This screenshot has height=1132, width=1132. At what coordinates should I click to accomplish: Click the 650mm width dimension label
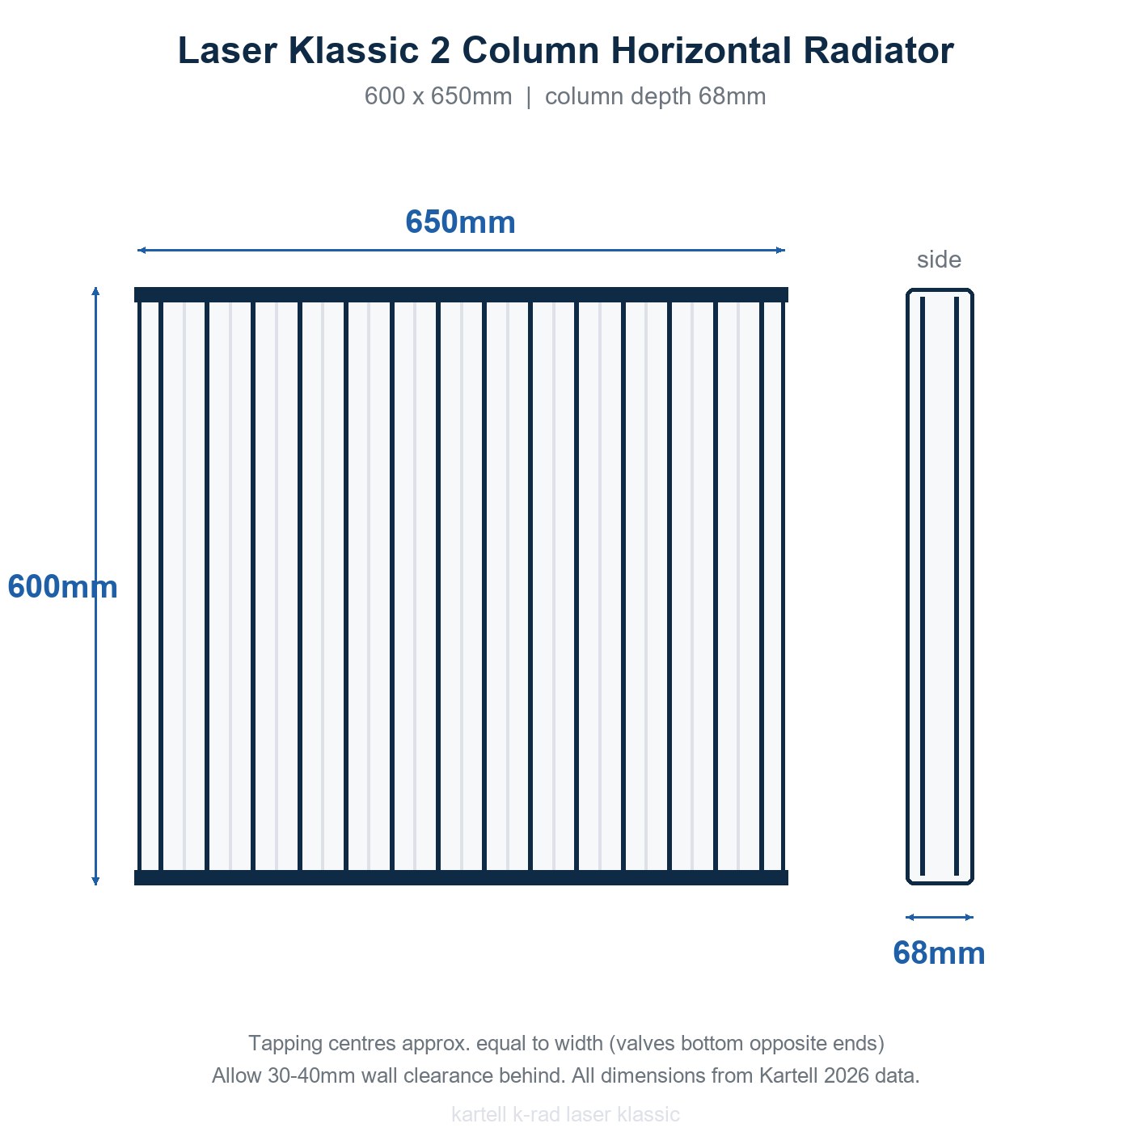click(460, 222)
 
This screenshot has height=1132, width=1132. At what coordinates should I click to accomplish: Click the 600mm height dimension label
click(62, 586)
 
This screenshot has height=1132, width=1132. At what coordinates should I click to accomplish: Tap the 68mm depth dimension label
click(939, 952)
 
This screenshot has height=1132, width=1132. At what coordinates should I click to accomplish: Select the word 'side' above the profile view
click(939, 260)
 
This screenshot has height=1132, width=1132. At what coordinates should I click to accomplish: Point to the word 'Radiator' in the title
click(878, 50)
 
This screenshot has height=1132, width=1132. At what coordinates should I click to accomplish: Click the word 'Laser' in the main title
click(227, 50)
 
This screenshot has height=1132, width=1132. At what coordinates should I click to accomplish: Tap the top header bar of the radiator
click(461, 294)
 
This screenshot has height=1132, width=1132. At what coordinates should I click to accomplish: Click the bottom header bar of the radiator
click(461, 877)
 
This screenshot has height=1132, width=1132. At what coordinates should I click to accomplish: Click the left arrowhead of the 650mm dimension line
click(141, 250)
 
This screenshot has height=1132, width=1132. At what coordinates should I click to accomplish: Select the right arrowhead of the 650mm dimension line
click(781, 250)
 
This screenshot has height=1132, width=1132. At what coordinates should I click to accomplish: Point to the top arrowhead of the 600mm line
click(95, 290)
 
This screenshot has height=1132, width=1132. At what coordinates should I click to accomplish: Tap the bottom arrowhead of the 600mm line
click(95, 881)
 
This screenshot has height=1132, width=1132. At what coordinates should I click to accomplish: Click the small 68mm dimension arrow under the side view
click(940, 917)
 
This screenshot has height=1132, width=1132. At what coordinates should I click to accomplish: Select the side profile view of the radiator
click(940, 586)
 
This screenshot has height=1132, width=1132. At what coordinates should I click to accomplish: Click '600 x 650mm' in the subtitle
click(438, 96)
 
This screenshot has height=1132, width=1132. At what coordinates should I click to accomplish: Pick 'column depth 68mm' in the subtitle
click(655, 96)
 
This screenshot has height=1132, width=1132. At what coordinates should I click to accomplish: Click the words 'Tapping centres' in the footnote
click(321, 1043)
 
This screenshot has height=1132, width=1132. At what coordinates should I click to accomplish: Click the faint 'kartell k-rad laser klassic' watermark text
click(566, 1113)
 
